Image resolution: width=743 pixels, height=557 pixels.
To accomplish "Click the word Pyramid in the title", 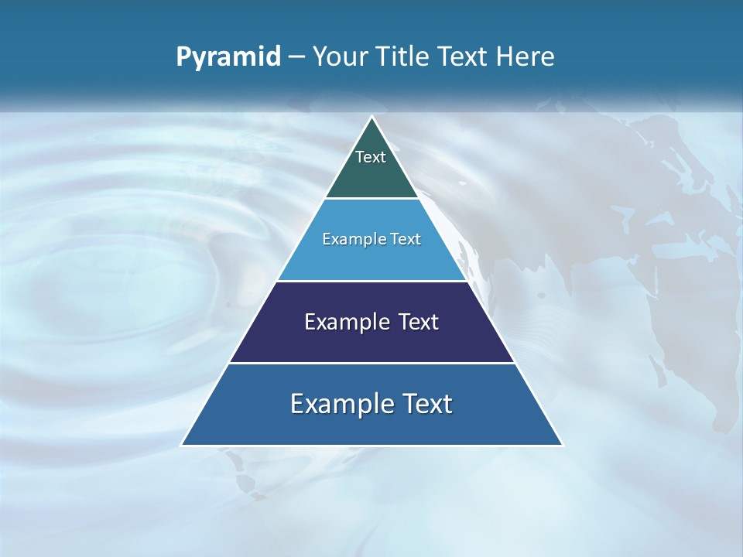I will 228,57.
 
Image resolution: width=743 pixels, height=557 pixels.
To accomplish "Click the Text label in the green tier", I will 371,157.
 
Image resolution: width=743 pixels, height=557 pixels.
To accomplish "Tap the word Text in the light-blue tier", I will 406,240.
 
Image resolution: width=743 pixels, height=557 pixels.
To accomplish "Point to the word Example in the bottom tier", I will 337,404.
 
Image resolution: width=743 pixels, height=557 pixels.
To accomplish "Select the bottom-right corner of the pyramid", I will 562,445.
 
